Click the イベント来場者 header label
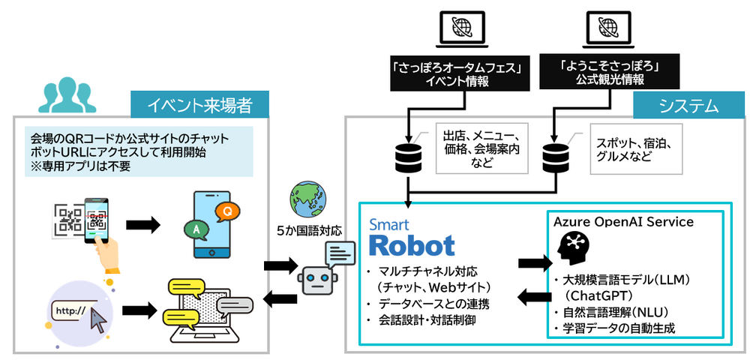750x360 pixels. click(x=199, y=106)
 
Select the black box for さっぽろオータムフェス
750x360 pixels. click(x=457, y=73)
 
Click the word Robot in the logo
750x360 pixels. click(x=412, y=246)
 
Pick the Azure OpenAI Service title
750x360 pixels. click(x=623, y=222)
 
